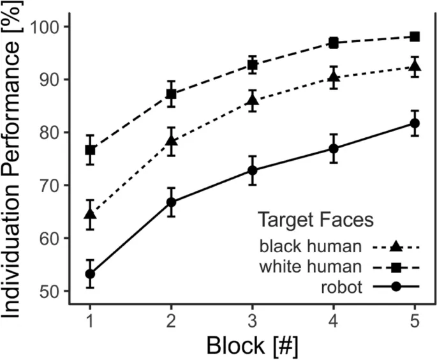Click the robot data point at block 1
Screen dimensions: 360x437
pyautogui.click(x=90, y=274)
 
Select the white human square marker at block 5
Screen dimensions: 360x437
pyautogui.click(x=415, y=36)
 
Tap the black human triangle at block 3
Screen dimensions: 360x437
pyautogui.click(x=252, y=100)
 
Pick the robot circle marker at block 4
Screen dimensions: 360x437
pyautogui.click(x=333, y=149)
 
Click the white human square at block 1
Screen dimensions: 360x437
pyautogui.click(x=90, y=150)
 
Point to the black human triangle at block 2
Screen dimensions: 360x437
pyautogui.click(x=171, y=141)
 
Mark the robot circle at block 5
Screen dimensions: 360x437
pyautogui.click(x=415, y=123)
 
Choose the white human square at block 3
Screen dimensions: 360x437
pyautogui.click(x=252, y=64)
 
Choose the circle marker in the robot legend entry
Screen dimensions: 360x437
pyautogui.click(x=396, y=287)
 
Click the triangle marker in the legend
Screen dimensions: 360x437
pyautogui.click(x=396, y=246)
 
